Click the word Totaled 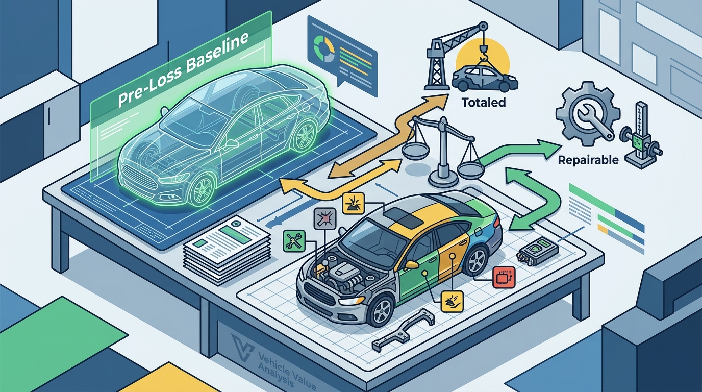(x=484, y=102)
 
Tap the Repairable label (x=588, y=160)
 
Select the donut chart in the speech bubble (x=324, y=49)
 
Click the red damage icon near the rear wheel (x=504, y=277)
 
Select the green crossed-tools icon (x=294, y=241)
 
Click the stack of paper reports (x=227, y=249)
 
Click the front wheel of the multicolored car (x=382, y=311)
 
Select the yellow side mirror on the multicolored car (x=411, y=265)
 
